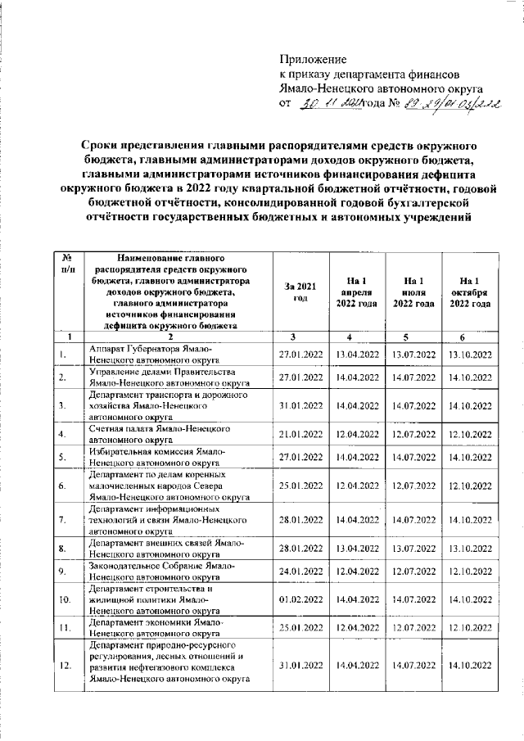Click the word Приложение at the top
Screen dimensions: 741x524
313,59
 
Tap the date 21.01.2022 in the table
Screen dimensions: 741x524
297,433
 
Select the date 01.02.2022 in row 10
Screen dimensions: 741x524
297,599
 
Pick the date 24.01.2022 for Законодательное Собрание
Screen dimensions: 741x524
297,571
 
